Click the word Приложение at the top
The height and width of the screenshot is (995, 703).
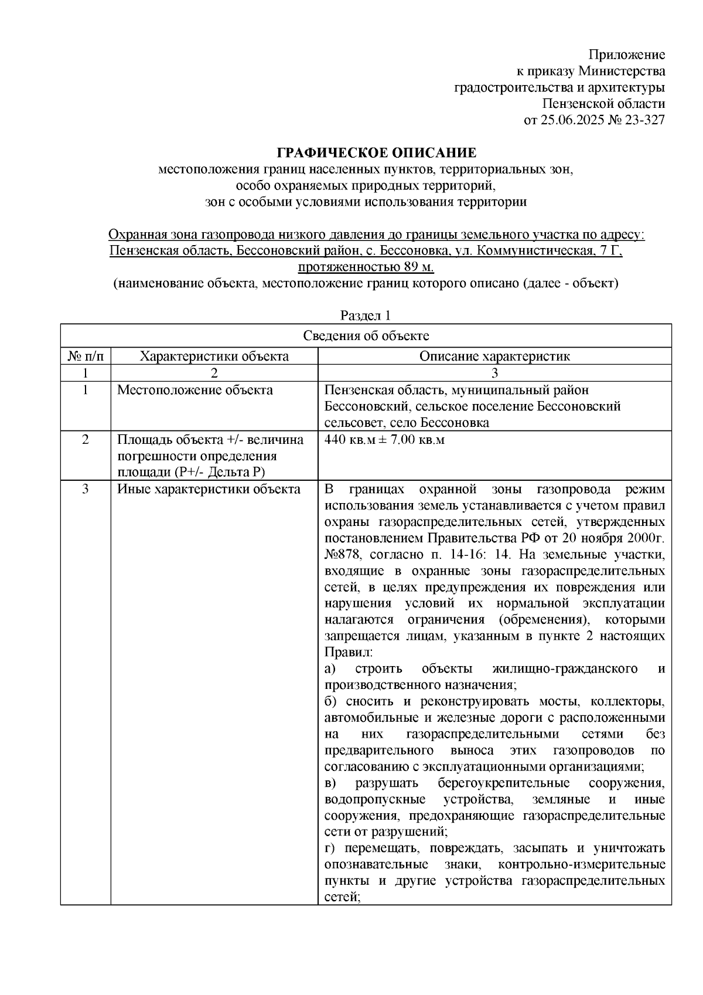[627, 55]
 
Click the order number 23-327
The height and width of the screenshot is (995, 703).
[643, 121]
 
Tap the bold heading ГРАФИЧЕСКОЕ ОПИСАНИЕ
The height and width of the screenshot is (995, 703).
[377, 154]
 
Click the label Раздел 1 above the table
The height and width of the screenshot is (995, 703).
[366, 315]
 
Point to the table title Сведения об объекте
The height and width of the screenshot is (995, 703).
[366, 336]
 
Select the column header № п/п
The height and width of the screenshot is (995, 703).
[86, 356]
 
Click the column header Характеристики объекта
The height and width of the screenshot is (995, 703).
[215, 356]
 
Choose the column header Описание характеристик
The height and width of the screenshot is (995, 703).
[494, 356]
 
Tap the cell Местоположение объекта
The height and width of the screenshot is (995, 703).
[195, 390]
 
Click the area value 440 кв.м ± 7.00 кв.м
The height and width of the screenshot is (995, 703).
[384, 440]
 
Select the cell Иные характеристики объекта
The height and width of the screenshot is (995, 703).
[209, 489]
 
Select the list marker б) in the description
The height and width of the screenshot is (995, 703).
[331, 701]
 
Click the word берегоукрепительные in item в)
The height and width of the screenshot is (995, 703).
[503, 783]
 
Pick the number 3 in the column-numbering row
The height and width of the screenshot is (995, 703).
[494, 373]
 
